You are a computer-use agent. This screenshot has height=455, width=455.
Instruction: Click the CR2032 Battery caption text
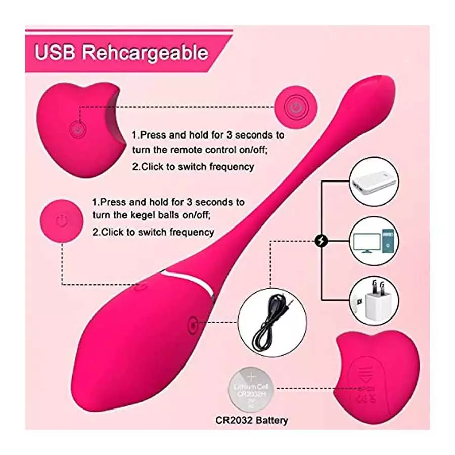point(251,420)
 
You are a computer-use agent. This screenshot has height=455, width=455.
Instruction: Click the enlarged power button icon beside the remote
point(295,107)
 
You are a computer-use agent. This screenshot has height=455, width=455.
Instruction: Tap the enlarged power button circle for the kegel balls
point(61,220)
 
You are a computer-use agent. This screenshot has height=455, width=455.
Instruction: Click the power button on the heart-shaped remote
point(77,129)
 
